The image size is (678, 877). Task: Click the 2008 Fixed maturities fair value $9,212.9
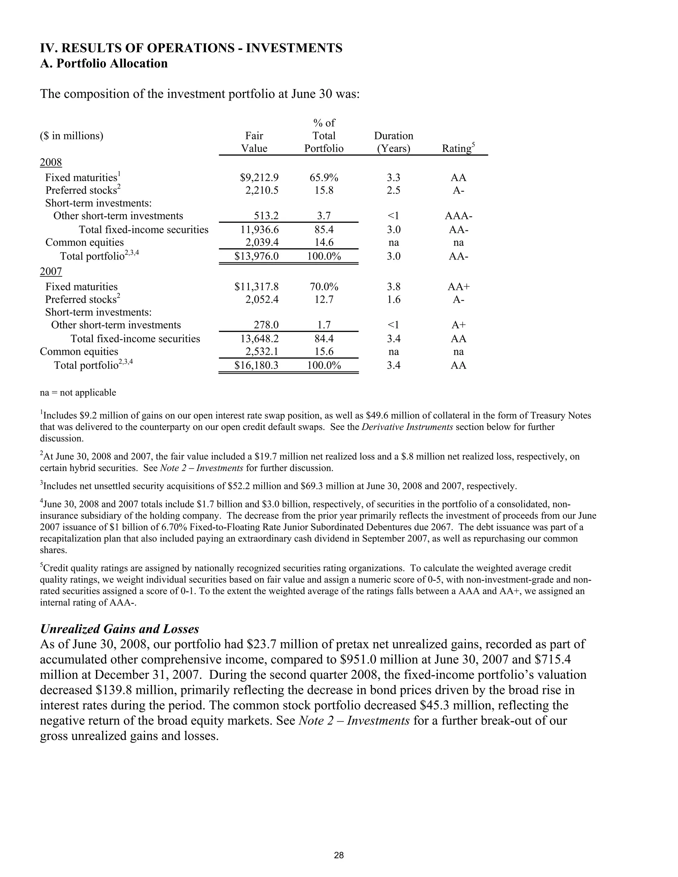(259, 177)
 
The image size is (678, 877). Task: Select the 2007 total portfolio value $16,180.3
(256, 365)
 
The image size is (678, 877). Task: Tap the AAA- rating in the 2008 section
(458, 216)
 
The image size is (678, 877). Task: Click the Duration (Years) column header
(393, 142)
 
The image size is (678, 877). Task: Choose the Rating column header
(458, 149)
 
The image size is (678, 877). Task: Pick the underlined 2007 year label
(51, 272)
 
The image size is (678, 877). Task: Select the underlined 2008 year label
(51, 162)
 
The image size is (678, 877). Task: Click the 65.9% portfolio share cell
(324, 177)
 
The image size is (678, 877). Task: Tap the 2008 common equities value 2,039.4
(262, 243)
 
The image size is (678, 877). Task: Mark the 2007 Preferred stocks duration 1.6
(393, 300)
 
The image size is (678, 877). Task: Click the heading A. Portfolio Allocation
(104, 64)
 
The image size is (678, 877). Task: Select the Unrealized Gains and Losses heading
(120, 629)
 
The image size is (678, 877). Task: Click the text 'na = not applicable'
(78, 393)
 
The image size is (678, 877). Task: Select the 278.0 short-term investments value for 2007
(266, 325)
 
